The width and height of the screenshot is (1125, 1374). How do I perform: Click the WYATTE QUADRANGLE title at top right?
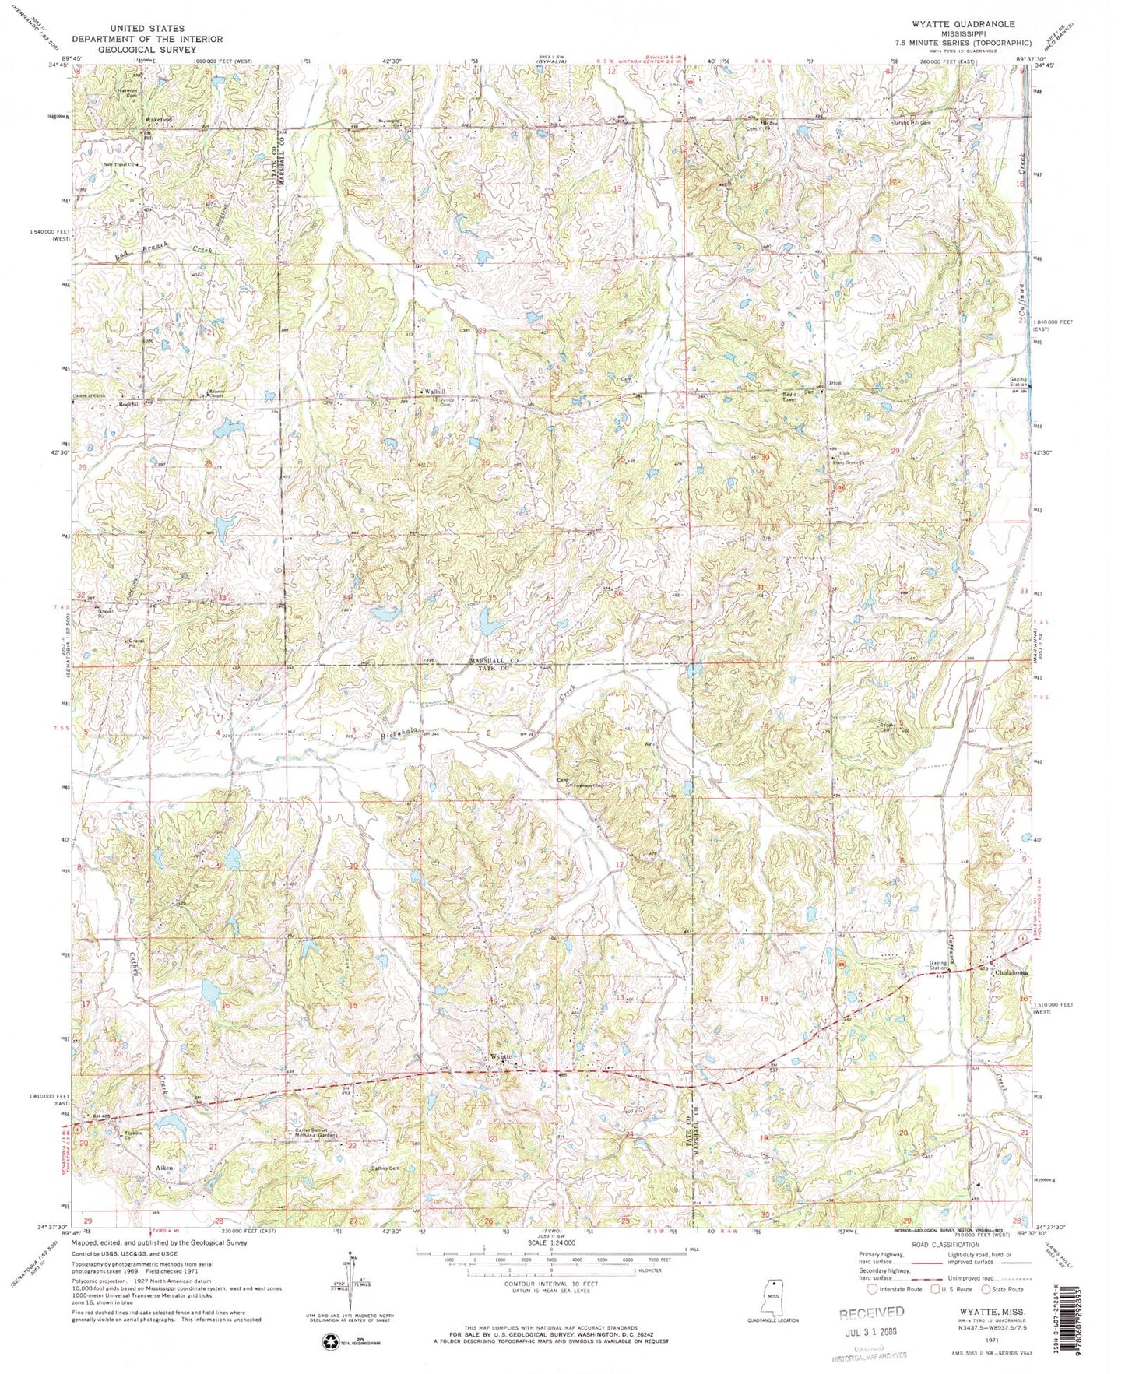969,25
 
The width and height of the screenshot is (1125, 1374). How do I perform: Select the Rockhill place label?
128,405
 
